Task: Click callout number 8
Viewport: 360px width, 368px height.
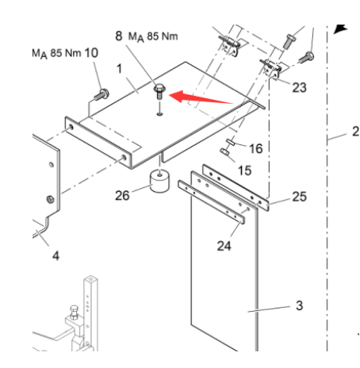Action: pyautogui.click(x=119, y=36)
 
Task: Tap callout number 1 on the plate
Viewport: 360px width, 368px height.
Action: pyautogui.click(x=121, y=71)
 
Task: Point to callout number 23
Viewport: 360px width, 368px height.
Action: pyautogui.click(x=299, y=88)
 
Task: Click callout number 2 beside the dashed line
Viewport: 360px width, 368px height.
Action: pyautogui.click(x=354, y=132)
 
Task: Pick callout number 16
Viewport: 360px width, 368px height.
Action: pyautogui.click(x=255, y=148)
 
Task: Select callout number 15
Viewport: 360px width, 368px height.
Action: pyautogui.click(x=245, y=170)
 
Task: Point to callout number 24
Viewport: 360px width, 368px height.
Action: pyautogui.click(x=225, y=244)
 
